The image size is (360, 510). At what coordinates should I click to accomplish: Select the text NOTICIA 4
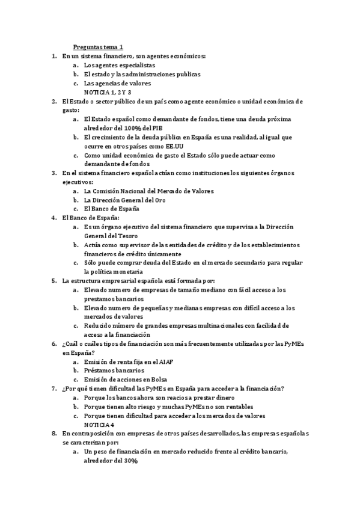[99, 425]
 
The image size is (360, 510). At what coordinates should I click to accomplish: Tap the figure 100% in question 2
[142, 128]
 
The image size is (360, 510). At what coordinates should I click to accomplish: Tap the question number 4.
[55, 218]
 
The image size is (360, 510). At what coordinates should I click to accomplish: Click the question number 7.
[55, 389]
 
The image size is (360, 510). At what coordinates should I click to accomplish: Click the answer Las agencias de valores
[117, 84]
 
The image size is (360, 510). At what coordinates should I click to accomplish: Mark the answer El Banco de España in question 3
[112, 209]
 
